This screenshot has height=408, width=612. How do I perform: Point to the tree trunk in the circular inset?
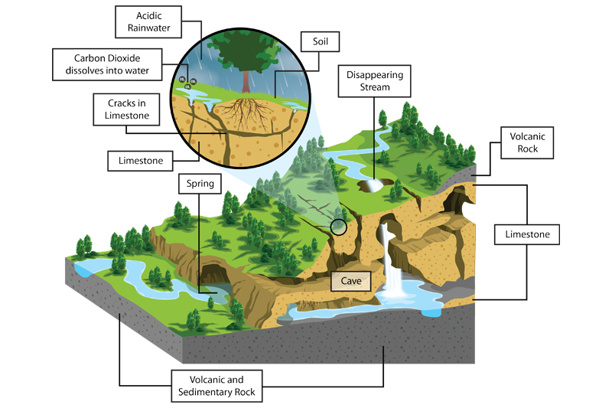246,80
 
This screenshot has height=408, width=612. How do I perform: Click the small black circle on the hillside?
338,227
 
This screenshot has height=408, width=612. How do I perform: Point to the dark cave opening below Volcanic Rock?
457,202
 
